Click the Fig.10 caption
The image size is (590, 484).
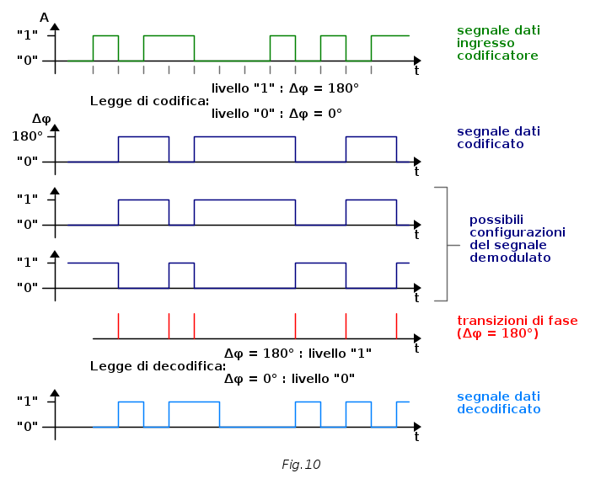(301, 464)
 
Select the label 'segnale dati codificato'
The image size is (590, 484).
(497, 138)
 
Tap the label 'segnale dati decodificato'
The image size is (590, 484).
(498, 403)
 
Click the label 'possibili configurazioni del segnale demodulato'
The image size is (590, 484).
(517, 238)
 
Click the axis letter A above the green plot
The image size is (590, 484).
(44, 17)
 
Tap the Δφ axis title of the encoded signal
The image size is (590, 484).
(42, 118)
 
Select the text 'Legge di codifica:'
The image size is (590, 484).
(149, 101)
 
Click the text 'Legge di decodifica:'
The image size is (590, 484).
(158, 366)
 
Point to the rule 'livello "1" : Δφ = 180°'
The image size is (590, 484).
(285, 88)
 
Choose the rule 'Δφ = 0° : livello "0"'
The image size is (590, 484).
(289, 379)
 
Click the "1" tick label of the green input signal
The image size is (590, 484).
(29, 35)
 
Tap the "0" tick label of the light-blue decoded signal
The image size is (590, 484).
(29, 426)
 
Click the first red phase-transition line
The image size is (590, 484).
(118, 325)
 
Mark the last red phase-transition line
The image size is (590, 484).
(396, 325)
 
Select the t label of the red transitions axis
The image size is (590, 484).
(416, 348)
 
